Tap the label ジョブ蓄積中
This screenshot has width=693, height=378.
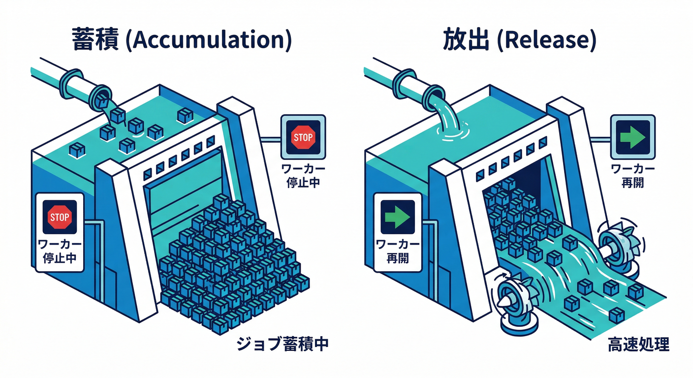[282, 344]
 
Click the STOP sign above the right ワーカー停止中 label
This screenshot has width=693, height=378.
[303, 137]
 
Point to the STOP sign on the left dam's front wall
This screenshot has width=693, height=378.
[60, 217]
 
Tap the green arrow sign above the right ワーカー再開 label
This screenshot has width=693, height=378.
[632, 137]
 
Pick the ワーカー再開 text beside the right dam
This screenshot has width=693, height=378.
[632, 176]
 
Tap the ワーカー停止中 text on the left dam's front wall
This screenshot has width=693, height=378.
[60, 251]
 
